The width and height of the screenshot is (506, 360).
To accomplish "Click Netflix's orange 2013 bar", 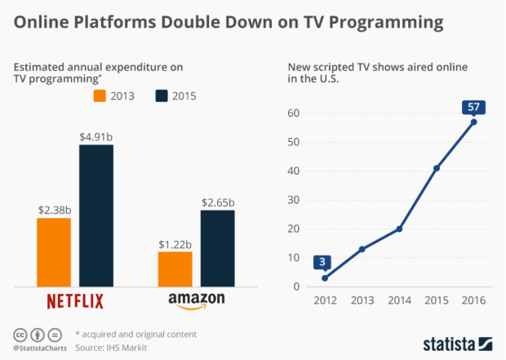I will coord(54,251).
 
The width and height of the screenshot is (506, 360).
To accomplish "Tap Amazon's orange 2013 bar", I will coord(175,269).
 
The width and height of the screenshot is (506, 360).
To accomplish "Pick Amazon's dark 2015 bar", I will coord(216,247).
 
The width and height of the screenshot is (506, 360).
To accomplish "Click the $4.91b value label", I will coord(95,136).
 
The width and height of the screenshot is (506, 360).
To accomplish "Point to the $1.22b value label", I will coord(175,242).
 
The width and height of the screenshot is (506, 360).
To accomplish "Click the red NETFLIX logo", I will coord(75,301).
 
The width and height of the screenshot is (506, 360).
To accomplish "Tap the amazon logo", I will coord(196,301).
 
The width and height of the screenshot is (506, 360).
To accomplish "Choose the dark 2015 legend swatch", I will coord(162,96).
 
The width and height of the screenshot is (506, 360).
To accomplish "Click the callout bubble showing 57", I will coord(474,107).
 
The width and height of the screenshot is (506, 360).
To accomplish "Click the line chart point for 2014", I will coord(399,229).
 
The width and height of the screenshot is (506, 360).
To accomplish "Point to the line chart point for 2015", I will coord(437,168).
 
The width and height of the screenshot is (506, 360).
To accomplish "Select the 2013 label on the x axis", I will coord(362,300).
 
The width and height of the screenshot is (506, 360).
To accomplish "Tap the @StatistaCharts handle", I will coord(38,349).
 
